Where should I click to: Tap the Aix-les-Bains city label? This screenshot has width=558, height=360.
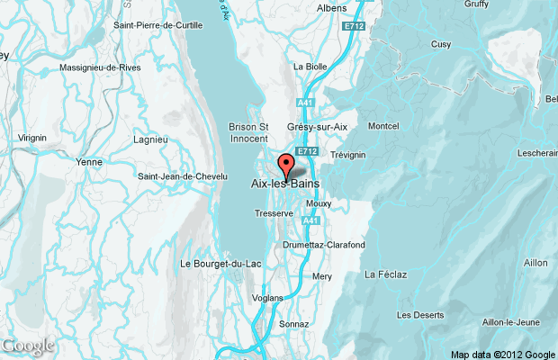(284, 184)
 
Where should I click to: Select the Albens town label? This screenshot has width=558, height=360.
(331, 8)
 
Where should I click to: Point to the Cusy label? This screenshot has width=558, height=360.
(441, 44)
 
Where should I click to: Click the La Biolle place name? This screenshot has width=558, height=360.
(310, 67)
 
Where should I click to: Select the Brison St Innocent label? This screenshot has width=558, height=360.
(248, 133)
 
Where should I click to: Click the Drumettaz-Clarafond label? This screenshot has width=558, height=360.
(324, 245)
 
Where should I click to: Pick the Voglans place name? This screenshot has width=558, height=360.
(268, 298)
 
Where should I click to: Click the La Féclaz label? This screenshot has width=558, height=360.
(382, 274)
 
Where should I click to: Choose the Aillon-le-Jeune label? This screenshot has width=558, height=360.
(510, 322)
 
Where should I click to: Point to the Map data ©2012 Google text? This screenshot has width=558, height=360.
(503, 354)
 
